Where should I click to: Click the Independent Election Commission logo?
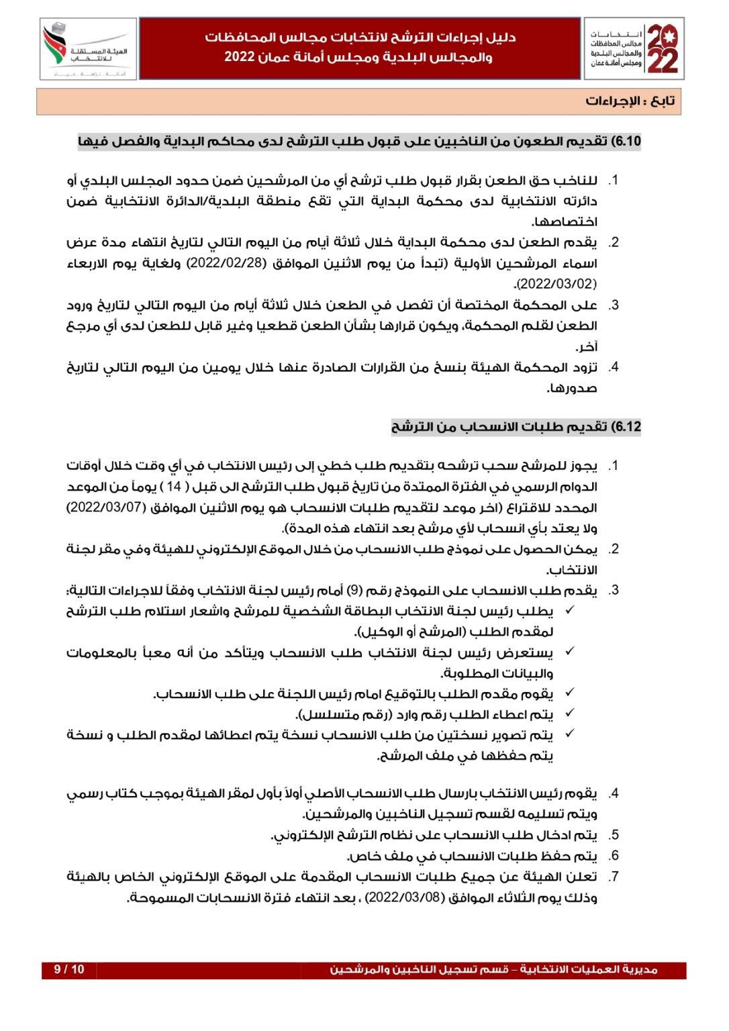[88, 49]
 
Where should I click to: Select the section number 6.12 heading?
[628, 427]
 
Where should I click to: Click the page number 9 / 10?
[69, 969]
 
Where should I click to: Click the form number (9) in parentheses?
[355, 591]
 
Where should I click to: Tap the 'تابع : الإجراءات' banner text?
[630, 101]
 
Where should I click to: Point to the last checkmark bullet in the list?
[569, 734]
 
